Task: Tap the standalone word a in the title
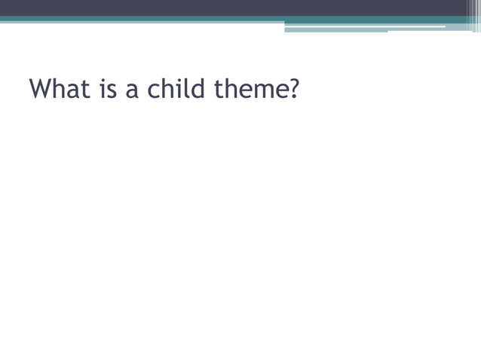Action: [x=133, y=93]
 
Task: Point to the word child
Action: [x=176, y=90]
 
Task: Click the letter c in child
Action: [x=154, y=93]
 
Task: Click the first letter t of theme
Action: [x=219, y=91]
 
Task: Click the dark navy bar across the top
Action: [x=226, y=8]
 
